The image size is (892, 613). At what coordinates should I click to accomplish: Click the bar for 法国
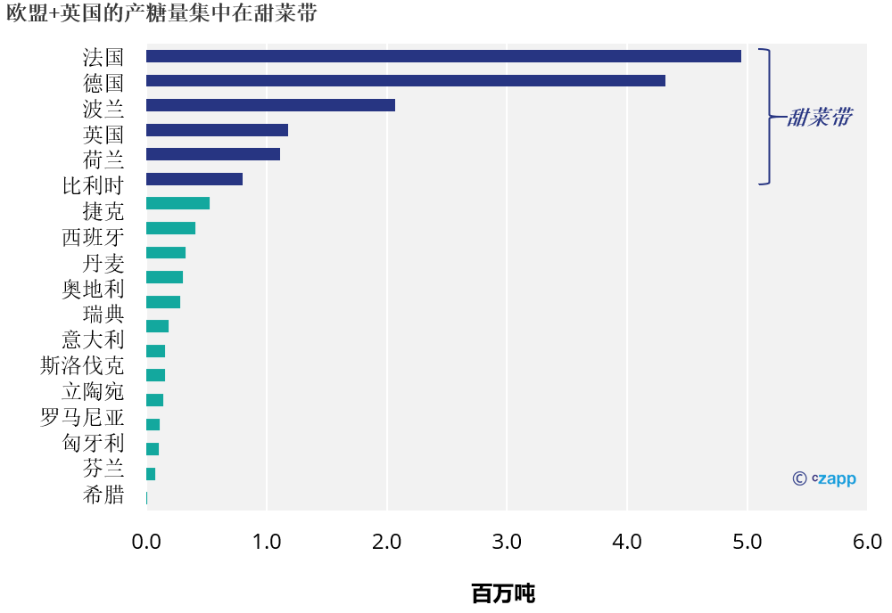[443, 56]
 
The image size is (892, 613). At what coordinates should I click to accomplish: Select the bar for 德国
[406, 81]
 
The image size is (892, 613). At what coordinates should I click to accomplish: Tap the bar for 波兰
[270, 105]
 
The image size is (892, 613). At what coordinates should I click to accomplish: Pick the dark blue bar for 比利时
[194, 179]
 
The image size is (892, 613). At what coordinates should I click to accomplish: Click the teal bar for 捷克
[178, 203]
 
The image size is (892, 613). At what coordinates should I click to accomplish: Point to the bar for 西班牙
[170, 228]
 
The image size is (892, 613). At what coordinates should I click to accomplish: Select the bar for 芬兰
[151, 474]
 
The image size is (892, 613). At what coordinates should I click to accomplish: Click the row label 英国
[103, 135]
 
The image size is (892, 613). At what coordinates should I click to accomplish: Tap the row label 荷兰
[103, 160]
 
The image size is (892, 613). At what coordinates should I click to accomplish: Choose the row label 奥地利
[93, 289]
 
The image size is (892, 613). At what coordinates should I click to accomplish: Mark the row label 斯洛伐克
[83, 366]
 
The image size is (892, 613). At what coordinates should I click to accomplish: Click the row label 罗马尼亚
[83, 418]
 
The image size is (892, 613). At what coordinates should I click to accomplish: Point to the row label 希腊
[103, 495]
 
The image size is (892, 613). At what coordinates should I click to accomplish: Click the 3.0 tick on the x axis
[507, 543]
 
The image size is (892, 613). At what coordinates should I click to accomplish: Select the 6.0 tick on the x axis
[867, 543]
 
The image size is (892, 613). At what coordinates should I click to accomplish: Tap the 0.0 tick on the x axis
[146, 543]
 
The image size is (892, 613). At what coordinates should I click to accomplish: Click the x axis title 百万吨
[503, 593]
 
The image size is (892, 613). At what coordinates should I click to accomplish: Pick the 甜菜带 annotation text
[818, 118]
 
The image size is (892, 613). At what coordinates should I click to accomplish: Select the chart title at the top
[161, 13]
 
